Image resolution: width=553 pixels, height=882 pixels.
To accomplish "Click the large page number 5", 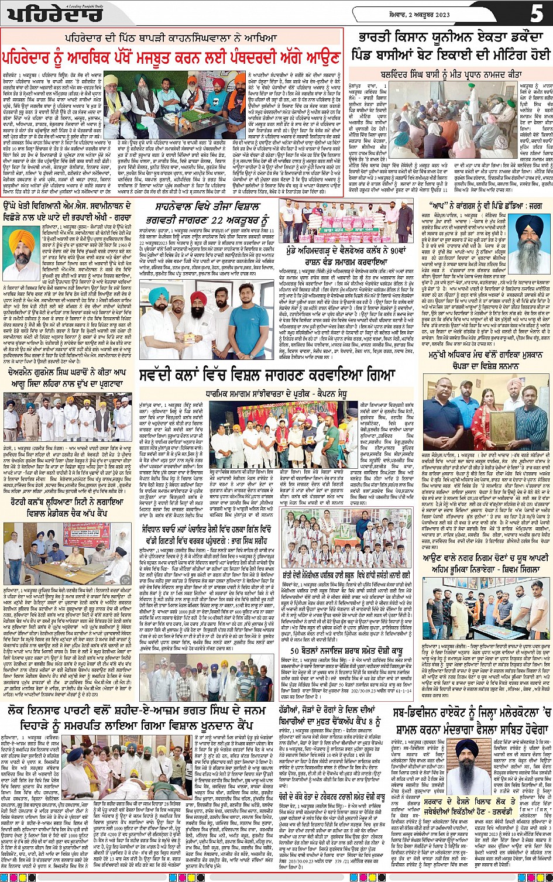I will [x=536, y=13].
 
